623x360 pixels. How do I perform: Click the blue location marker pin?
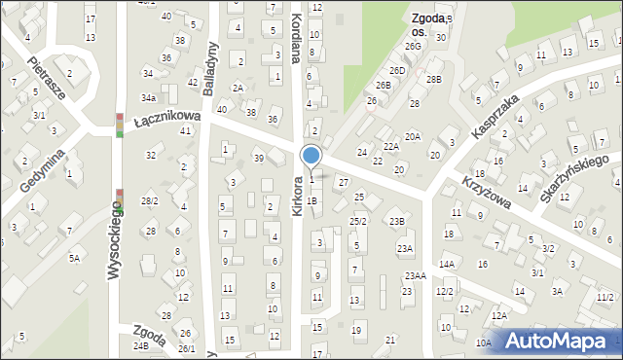pyautogui.click(x=311, y=156)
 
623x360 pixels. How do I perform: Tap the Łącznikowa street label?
pyautogui.click(x=167, y=117)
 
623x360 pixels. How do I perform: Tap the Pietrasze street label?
pyautogui.click(x=46, y=78)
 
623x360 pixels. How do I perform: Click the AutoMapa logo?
pyautogui.click(x=559, y=341)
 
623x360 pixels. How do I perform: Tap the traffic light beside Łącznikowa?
pyautogui.click(x=119, y=125)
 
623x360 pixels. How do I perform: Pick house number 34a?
pyautogui.click(x=148, y=98)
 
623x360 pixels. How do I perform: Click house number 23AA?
pyautogui.click(x=416, y=276)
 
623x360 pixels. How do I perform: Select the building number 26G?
pyautogui.click(x=414, y=46)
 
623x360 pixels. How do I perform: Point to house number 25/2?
pyautogui.click(x=358, y=222)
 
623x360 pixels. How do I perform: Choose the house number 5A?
pyautogui.click(x=74, y=258)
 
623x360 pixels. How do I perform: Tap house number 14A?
pyautogui.click(x=446, y=264)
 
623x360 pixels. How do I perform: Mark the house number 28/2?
pyautogui.click(x=149, y=201)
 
